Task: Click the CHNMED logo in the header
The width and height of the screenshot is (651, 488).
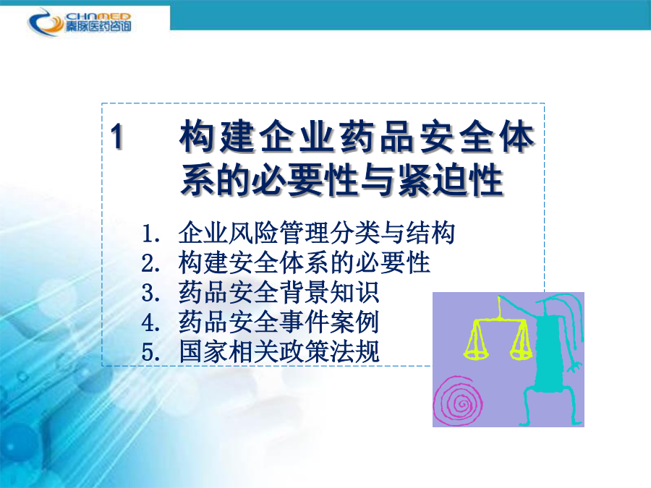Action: pos(80,22)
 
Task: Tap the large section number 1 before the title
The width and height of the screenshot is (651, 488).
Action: pos(117,136)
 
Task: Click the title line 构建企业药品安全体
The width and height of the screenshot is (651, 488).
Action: pos(357,136)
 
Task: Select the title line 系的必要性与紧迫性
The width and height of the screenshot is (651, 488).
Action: pos(342,180)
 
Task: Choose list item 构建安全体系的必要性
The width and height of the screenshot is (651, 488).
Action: pos(305,262)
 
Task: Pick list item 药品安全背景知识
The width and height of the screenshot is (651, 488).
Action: pos(279,293)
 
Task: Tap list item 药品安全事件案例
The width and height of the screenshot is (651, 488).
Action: pos(279,322)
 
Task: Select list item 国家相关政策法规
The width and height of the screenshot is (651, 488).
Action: pos(279,352)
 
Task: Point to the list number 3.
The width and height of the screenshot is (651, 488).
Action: pos(150,294)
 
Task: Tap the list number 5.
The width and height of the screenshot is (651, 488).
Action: pos(150,353)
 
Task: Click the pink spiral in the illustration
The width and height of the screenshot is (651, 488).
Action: pos(459,401)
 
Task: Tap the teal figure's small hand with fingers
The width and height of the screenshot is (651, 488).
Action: pos(576,367)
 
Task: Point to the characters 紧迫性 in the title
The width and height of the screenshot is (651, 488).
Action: pos(451,180)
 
